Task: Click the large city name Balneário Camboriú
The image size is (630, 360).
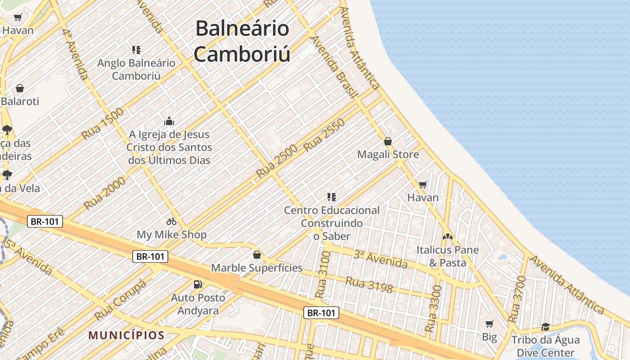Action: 242,41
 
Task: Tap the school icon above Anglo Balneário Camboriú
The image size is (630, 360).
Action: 136,49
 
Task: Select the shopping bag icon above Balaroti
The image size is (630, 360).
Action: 19,88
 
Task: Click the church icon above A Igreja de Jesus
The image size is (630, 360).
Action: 169,121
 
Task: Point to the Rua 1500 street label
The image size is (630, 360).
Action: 103,124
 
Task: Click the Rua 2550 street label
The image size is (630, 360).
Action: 324,135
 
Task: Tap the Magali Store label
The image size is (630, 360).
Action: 388,154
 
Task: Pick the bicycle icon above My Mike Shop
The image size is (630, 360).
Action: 171,221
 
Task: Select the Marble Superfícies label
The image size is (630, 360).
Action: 257,268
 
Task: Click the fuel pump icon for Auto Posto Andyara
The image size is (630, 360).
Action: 198,284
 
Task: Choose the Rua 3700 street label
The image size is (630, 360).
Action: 517,299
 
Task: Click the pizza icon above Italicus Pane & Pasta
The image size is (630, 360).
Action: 447,236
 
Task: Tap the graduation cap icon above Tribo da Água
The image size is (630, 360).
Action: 545,327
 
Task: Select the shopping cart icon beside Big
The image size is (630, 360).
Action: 490,324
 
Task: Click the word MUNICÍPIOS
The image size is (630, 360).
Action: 126,335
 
